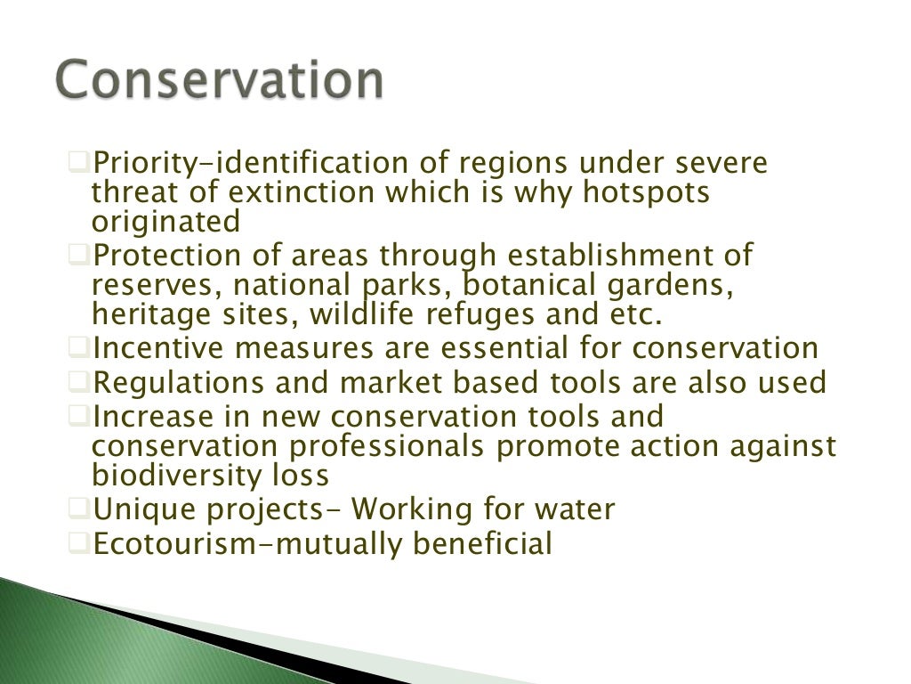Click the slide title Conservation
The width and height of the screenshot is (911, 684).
click(x=219, y=81)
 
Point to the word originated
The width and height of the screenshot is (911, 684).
click(x=165, y=222)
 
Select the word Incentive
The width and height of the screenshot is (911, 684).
click(x=165, y=348)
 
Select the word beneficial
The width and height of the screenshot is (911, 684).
click(x=482, y=542)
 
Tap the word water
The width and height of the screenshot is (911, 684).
click(x=569, y=509)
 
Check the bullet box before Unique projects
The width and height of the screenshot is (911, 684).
click(x=78, y=509)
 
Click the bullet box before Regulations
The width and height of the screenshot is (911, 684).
click(x=78, y=383)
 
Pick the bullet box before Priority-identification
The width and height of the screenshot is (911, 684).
click(x=78, y=162)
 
